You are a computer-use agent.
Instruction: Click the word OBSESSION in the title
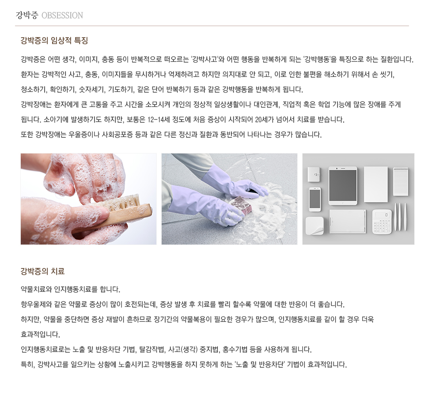point(62,15)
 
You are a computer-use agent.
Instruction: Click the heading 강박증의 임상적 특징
point(54,41)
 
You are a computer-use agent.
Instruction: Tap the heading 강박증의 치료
point(43,271)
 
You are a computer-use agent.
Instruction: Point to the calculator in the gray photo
point(382,222)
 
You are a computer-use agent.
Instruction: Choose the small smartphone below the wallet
point(315,199)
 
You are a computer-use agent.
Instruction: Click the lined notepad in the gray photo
point(401,181)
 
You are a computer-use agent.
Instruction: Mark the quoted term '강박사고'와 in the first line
point(208,59)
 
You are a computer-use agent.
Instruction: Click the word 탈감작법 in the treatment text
point(151,349)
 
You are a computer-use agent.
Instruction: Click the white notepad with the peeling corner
point(315,226)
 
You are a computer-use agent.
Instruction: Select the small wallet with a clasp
point(314,174)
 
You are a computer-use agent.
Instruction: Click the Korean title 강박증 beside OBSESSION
point(27,15)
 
